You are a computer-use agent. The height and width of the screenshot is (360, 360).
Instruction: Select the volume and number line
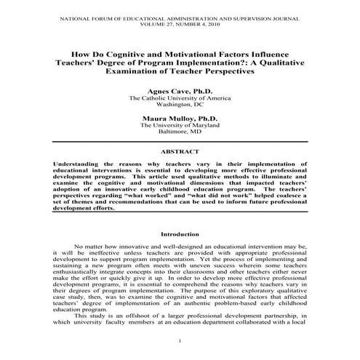coord(180,22)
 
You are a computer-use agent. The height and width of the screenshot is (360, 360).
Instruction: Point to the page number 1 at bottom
coord(180,341)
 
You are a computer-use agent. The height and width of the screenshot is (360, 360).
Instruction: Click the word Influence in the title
coord(277,55)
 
